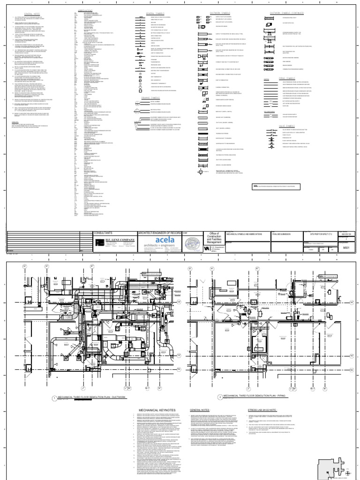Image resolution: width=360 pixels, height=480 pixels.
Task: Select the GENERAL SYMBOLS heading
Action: [154, 14]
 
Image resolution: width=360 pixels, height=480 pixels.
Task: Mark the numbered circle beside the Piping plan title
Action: [219, 384]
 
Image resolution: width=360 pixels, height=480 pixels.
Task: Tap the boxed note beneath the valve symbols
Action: [277, 187]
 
